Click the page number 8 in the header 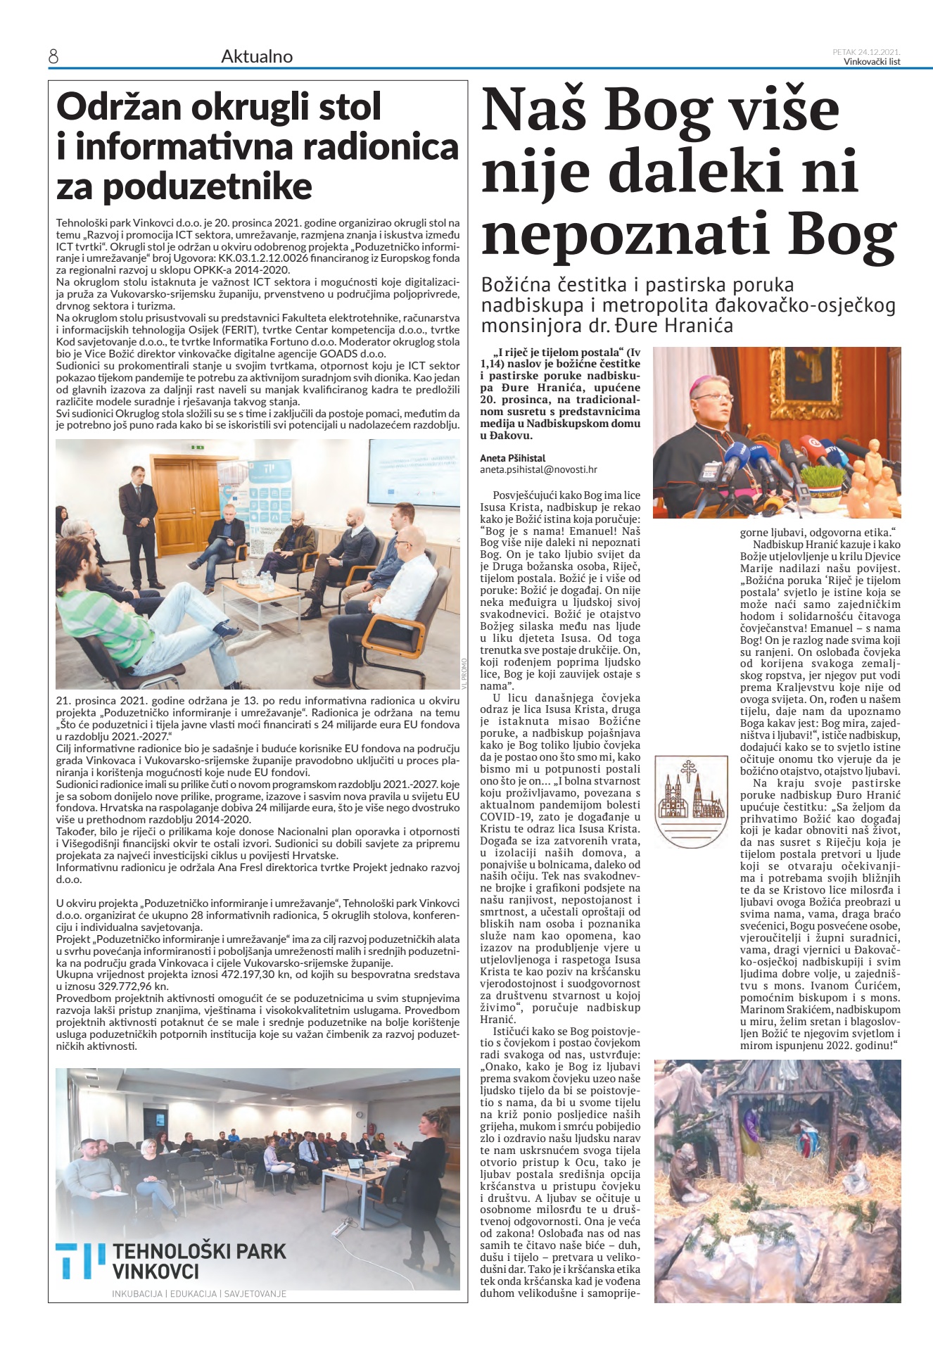[53, 57]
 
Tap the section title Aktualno [257, 56]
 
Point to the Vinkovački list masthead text [872, 61]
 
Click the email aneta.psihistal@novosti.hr [538, 469]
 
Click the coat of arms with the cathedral [690, 796]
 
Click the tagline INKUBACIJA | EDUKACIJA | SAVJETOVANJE [199, 1293]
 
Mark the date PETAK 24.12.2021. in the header [866, 51]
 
